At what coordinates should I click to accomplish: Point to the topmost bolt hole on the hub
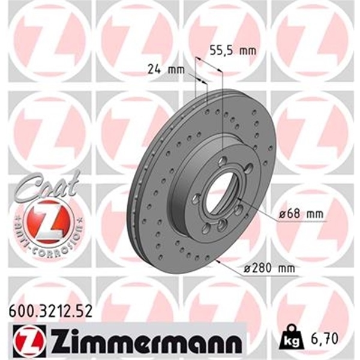pyautogui.click(x=223, y=161)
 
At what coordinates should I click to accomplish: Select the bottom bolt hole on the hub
pyautogui.click(x=221, y=224)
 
